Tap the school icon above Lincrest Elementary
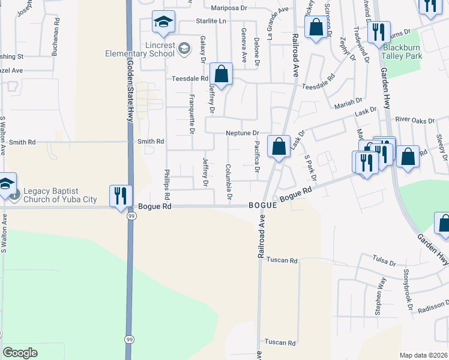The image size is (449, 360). click(x=163, y=23)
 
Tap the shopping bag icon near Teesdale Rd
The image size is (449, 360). click(x=221, y=75)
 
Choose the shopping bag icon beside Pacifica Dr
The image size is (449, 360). click(x=279, y=147)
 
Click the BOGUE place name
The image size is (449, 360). click(x=263, y=205)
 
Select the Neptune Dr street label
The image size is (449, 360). click(x=242, y=133)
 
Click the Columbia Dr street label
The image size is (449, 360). click(x=229, y=182)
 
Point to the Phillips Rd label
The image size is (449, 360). click(x=167, y=184)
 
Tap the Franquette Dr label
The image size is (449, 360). click(x=192, y=114)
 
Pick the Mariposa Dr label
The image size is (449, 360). click(x=229, y=8)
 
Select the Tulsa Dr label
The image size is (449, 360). click(x=384, y=263)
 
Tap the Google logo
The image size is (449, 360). click(x=20, y=353)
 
